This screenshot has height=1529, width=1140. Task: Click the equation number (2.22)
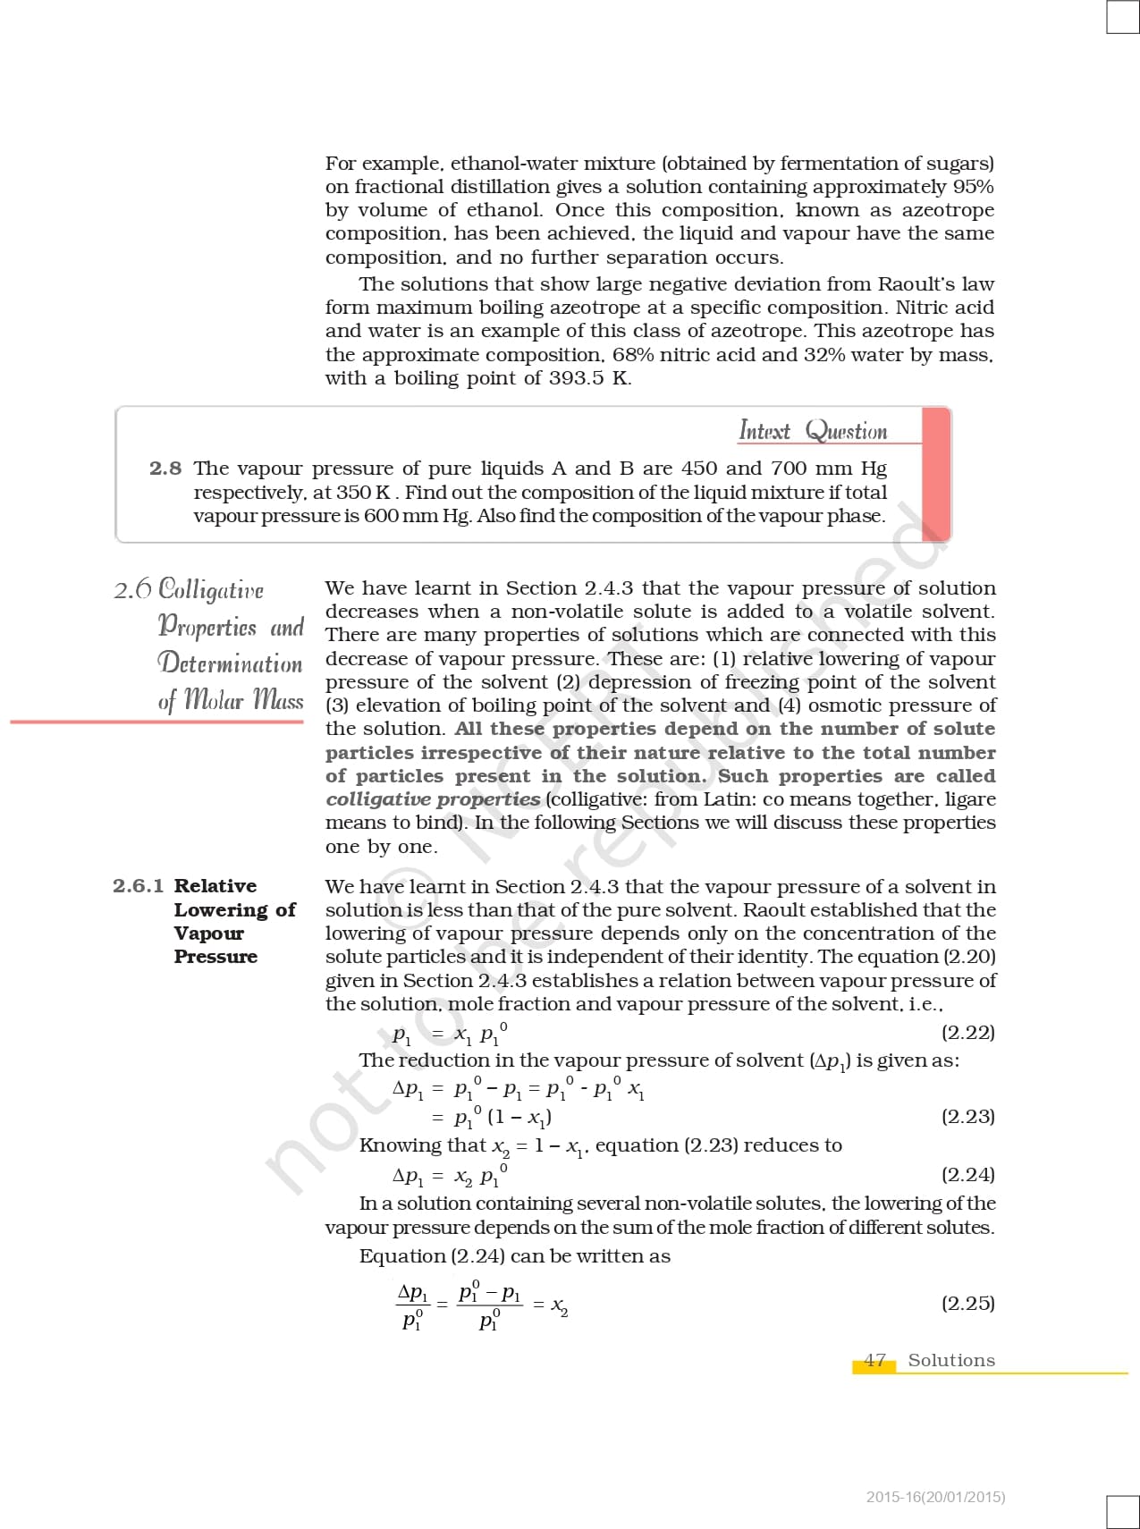point(968,1033)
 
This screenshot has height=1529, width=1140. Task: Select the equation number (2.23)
point(968,1116)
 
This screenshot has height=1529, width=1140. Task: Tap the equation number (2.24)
point(968,1174)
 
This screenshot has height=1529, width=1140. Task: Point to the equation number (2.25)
point(968,1303)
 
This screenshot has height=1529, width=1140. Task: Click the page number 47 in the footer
point(874,1360)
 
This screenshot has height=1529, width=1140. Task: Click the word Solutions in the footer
point(951,1360)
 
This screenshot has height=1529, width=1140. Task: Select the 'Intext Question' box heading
point(813,431)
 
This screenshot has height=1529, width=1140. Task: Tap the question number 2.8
point(165,469)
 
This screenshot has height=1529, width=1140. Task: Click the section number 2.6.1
point(139,886)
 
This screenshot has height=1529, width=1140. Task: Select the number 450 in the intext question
point(698,469)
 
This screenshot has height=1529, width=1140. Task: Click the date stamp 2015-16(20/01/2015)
point(935,1497)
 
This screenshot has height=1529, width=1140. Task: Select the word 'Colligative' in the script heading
point(211,590)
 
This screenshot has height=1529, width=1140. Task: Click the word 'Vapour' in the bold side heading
point(208,933)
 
